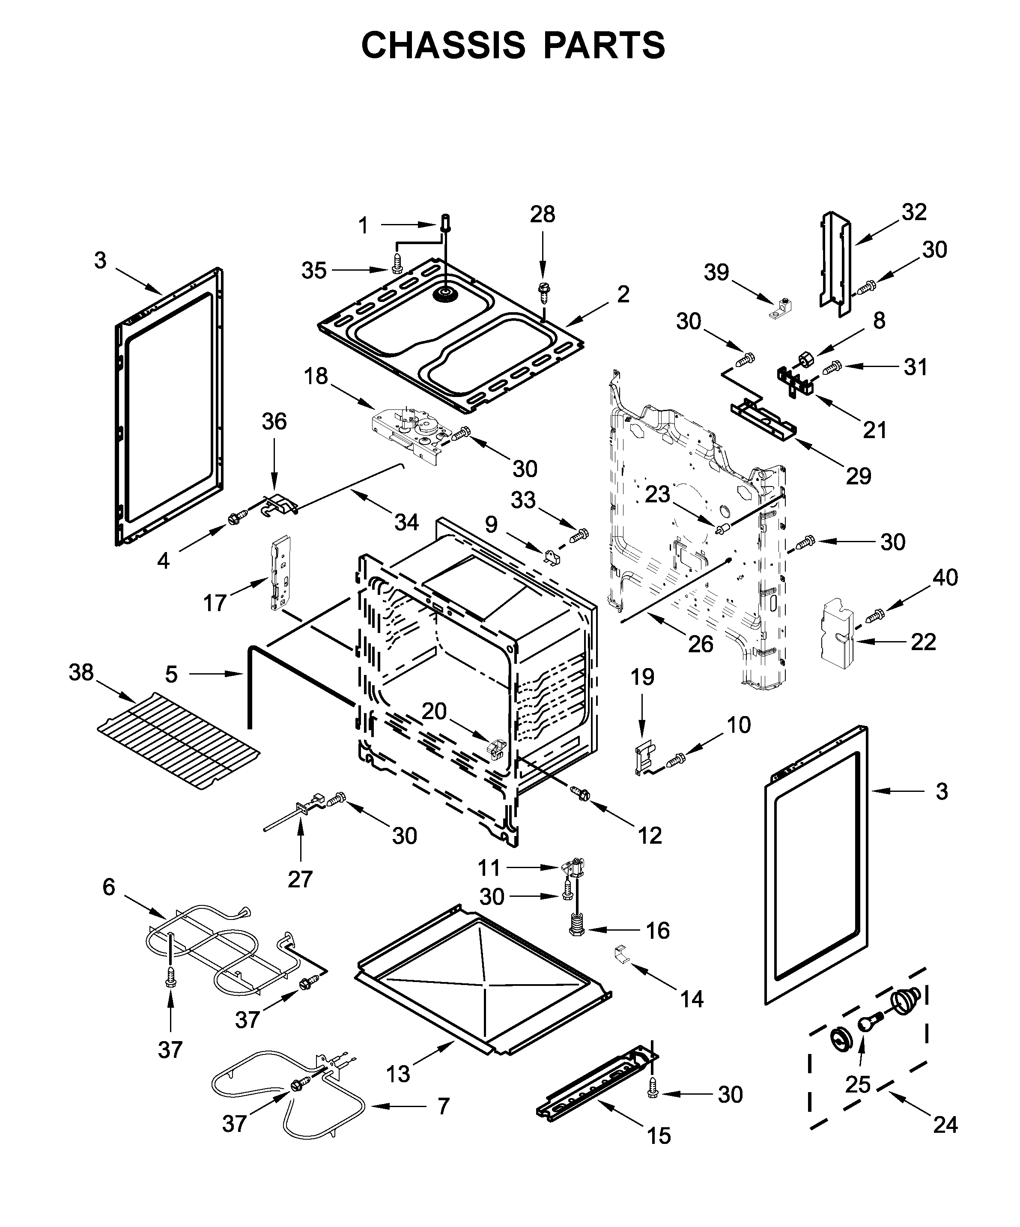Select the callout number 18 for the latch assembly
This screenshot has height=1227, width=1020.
[316, 376]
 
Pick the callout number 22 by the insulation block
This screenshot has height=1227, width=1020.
[923, 642]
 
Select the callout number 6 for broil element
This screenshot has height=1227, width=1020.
[109, 887]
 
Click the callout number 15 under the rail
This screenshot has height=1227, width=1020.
[659, 1136]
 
